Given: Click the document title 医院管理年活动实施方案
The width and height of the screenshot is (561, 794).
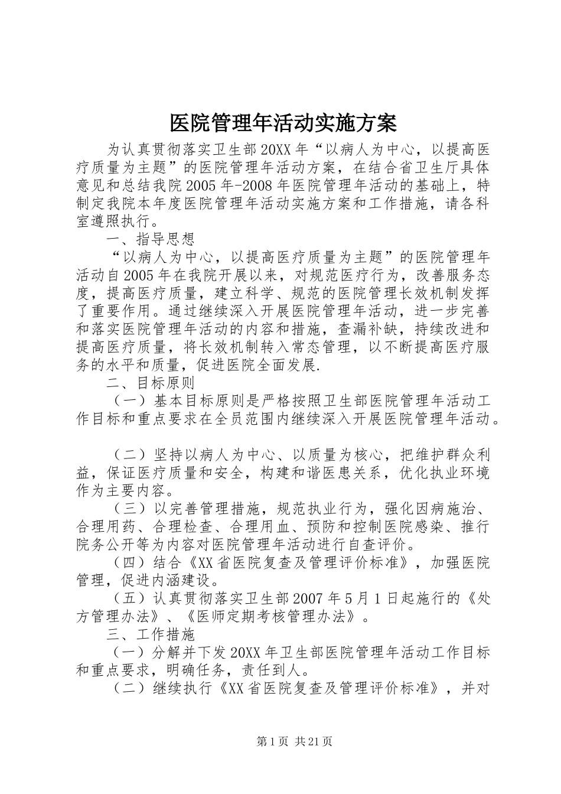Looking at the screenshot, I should (x=283, y=123).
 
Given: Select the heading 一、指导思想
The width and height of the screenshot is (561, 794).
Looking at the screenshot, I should (x=150, y=240).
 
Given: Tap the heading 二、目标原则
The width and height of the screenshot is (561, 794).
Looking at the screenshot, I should (x=150, y=383).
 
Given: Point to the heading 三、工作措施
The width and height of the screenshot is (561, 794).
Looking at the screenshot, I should (x=150, y=634).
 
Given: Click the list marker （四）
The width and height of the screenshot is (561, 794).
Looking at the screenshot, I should (x=128, y=562).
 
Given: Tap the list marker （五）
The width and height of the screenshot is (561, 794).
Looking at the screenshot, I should (x=128, y=598).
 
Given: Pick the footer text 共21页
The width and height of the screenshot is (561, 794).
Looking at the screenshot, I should (x=314, y=741).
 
